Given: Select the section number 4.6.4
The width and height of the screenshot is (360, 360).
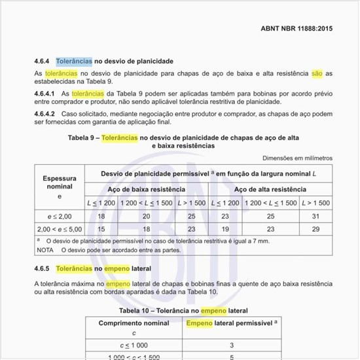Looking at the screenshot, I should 43,61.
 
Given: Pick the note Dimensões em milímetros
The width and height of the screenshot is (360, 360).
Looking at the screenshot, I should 297,158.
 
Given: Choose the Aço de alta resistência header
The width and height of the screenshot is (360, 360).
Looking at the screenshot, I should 270,189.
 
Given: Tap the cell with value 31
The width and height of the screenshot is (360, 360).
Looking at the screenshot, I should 315,215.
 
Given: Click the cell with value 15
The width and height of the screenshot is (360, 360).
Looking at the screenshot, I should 101,228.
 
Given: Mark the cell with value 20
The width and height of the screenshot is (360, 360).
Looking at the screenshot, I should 146,215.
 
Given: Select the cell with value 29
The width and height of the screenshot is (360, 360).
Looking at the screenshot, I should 315,228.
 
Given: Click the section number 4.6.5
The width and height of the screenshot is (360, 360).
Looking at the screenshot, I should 43,268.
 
